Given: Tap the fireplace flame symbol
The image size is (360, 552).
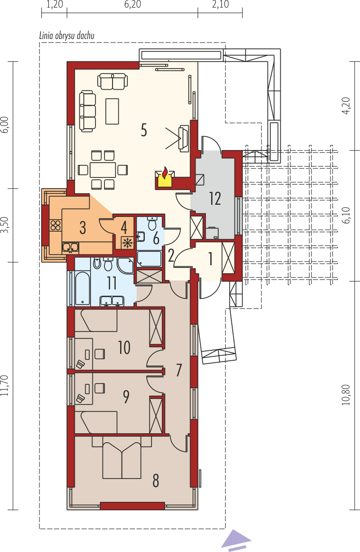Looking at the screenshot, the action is [165, 172].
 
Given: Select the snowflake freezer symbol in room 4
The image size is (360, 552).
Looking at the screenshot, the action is [127, 243].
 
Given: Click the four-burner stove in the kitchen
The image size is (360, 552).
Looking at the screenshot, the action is [56, 225].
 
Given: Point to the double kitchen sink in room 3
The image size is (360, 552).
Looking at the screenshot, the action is [70, 248].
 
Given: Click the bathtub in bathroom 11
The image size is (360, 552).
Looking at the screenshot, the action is [82, 289].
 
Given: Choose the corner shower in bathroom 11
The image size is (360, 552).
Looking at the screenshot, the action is [126, 265].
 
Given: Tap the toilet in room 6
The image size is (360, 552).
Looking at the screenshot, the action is [153, 223].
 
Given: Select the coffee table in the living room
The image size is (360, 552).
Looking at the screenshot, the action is [112, 111].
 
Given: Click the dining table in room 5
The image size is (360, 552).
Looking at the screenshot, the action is [103, 170].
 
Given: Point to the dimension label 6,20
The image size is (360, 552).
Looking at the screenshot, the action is [133, 4].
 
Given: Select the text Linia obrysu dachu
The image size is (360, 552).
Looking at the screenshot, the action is [67, 36].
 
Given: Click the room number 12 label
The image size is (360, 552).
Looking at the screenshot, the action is [215, 199].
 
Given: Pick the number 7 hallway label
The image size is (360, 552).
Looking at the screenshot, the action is [179, 370].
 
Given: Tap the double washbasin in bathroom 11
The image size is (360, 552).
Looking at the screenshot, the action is [112, 301].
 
